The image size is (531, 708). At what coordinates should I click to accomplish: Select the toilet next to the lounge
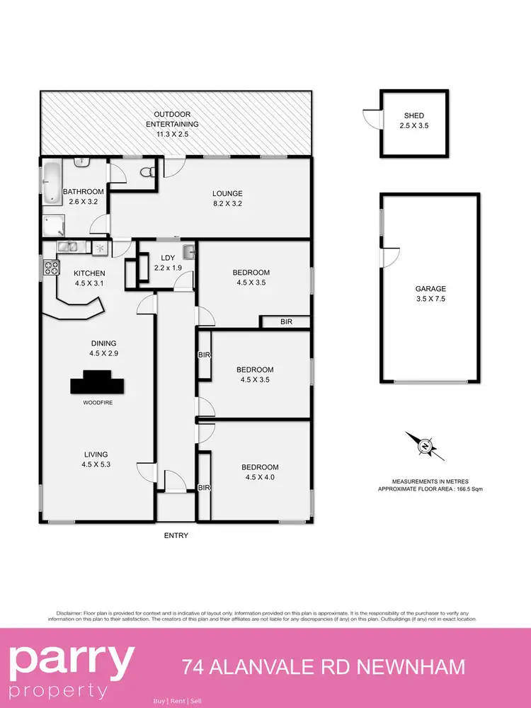[147, 171]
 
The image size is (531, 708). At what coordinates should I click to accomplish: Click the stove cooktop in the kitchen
[52, 268]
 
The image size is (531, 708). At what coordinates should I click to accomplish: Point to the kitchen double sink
[68, 247]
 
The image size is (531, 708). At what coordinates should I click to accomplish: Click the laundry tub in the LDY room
[188, 251]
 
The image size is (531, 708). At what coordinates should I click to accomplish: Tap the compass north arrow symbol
[424, 446]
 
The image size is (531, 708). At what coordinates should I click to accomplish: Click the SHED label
[414, 116]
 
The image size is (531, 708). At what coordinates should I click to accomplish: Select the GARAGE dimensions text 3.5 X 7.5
[430, 299]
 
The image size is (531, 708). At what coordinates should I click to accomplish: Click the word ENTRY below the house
[176, 535]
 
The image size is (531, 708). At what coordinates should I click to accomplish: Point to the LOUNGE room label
[228, 193]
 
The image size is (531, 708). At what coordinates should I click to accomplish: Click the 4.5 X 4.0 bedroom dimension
[260, 477]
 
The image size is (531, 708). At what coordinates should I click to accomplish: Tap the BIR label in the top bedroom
[286, 322]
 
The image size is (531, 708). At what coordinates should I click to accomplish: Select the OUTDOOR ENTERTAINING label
[173, 119]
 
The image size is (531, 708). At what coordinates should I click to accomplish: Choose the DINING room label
[103, 343]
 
